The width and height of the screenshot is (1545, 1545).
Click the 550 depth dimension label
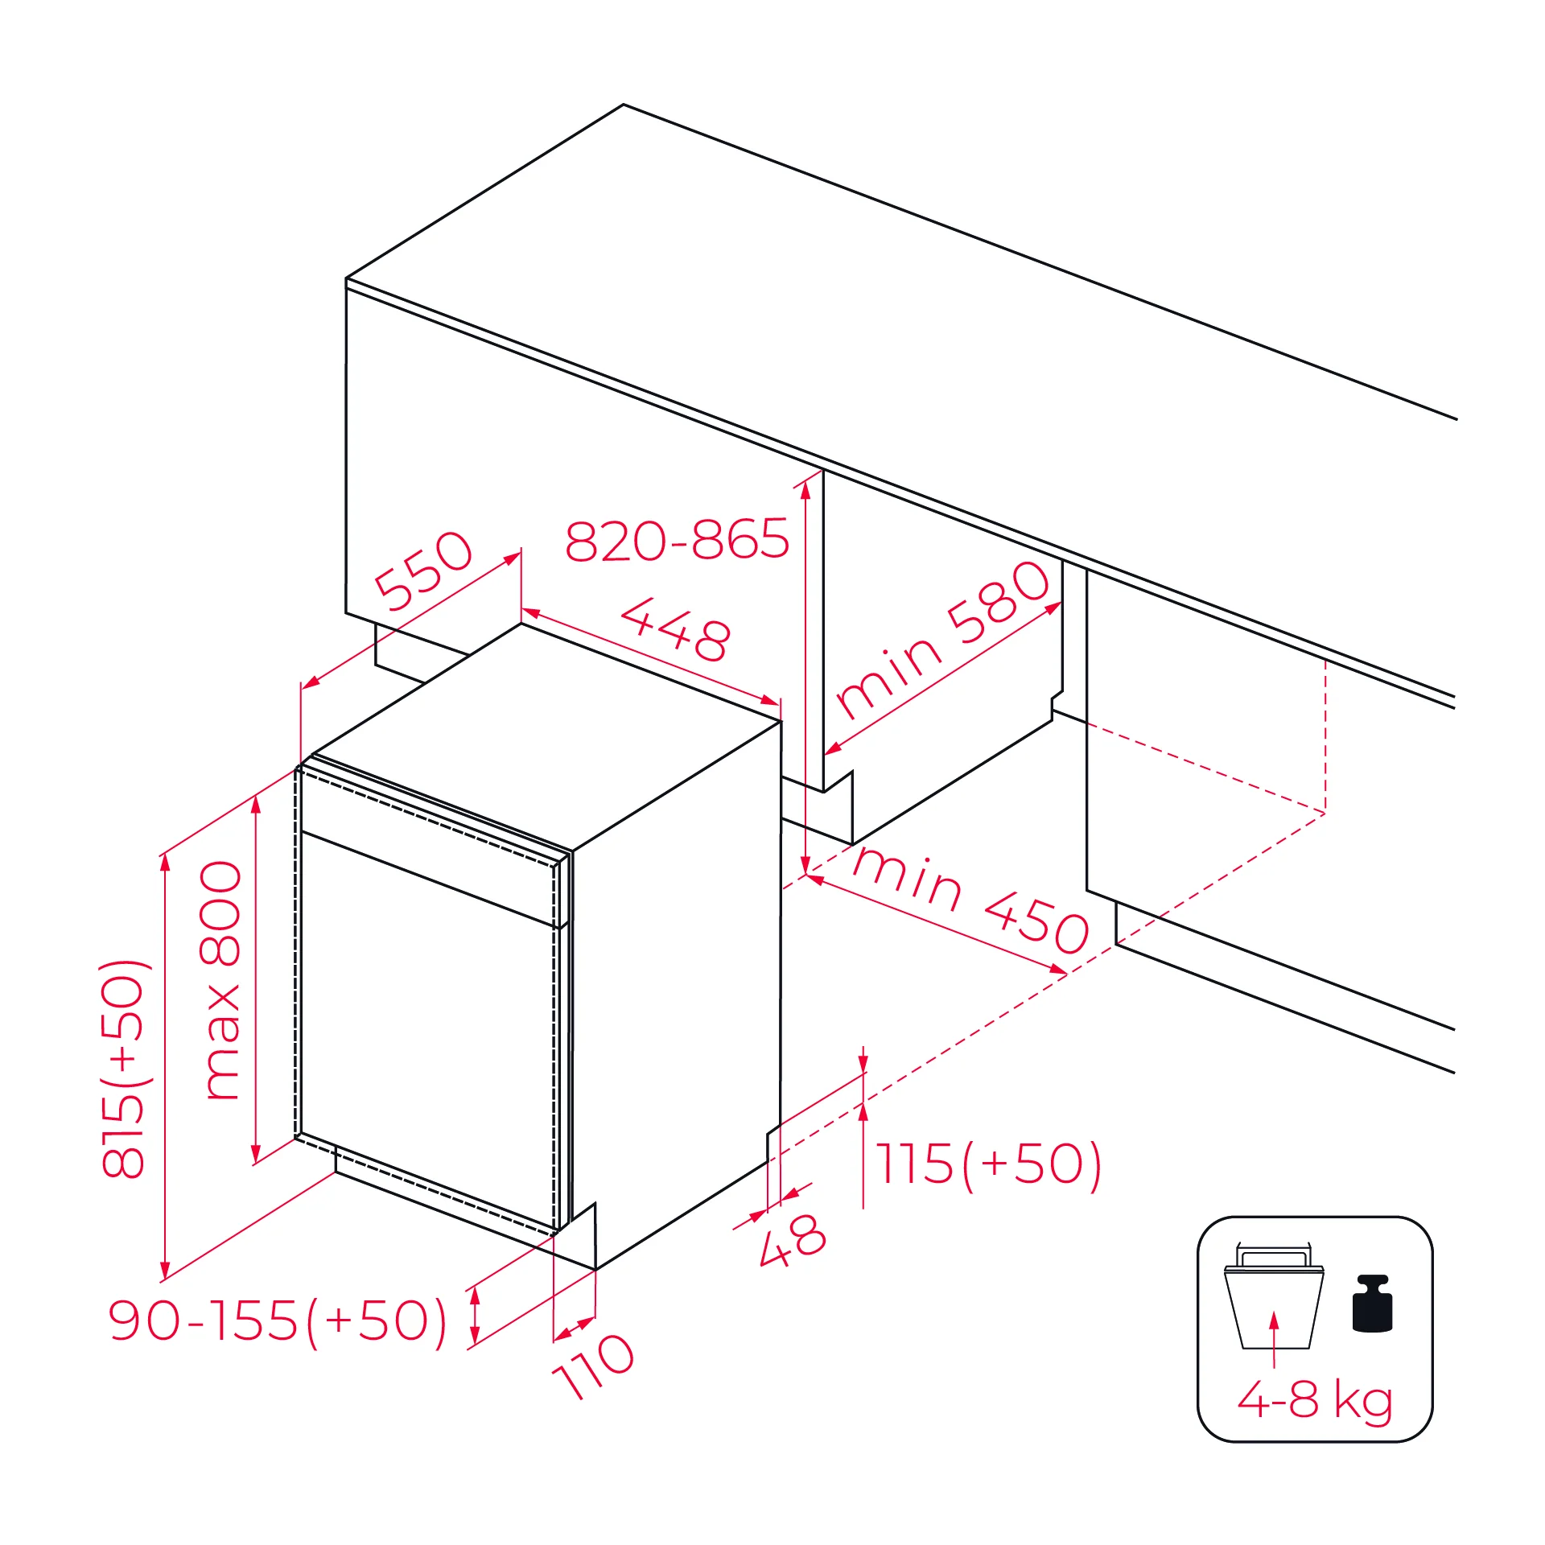[x=424, y=570]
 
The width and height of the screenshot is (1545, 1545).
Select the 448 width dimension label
[x=676, y=628]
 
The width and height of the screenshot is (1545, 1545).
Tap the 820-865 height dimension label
[x=678, y=540]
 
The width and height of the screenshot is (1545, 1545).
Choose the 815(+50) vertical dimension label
[x=123, y=1069]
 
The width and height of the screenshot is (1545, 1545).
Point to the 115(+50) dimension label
[x=989, y=1164]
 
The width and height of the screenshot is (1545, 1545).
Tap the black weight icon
[x=1372, y=1304]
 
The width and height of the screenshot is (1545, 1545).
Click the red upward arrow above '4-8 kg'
[x=1274, y=1339]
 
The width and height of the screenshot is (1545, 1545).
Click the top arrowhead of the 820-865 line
[x=805, y=490]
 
